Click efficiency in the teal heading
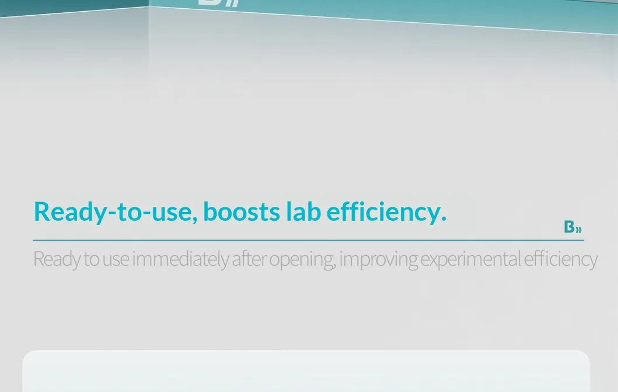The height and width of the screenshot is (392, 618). click(383, 211)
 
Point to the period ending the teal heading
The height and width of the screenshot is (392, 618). click(444, 220)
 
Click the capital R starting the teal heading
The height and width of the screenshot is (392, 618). click(41, 211)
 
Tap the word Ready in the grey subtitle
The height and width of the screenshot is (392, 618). click(56, 259)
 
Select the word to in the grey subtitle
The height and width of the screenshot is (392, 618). click(91, 259)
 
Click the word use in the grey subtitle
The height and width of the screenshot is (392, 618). click(115, 259)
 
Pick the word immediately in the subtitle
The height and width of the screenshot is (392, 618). click(180, 259)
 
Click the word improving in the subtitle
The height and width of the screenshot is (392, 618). click(378, 259)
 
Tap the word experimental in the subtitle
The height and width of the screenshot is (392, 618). click(470, 259)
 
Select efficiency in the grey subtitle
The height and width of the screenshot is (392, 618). click(560, 259)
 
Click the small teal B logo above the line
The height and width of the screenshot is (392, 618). click(572, 227)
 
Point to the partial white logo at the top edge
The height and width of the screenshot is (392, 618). click(218, 3)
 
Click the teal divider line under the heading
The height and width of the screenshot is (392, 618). click(308, 240)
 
